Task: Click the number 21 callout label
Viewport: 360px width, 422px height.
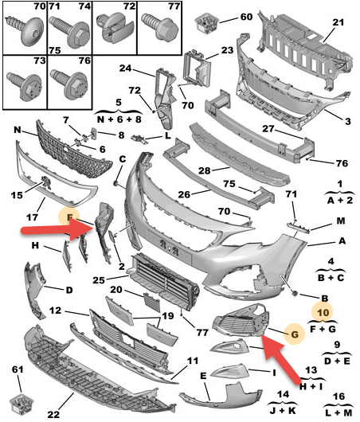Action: tap(338, 22)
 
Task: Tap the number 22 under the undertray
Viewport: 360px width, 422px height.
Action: tap(53, 414)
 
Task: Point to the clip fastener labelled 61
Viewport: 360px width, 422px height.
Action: tap(21, 404)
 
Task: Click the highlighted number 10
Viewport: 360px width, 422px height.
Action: tap(323, 312)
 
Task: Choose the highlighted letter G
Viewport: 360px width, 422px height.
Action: tap(295, 334)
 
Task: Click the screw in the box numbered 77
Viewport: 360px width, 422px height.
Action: tap(160, 27)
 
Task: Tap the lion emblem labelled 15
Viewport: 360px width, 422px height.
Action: tap(45, 183)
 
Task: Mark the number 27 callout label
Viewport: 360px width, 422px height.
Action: tap(268, 129)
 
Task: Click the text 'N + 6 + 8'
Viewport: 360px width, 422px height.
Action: tap(119, 119)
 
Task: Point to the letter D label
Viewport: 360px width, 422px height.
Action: tap(69, 290)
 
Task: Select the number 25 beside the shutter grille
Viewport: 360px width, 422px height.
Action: tap(99, 280)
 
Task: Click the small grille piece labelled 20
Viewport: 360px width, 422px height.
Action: tap(151, 303)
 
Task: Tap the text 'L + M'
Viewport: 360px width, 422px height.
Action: tap(338, 412)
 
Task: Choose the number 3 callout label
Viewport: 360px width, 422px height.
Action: tap(348, 121)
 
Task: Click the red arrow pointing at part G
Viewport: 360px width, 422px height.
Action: tap(281, 358)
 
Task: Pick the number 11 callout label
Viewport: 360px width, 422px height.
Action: tap(193, 361)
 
